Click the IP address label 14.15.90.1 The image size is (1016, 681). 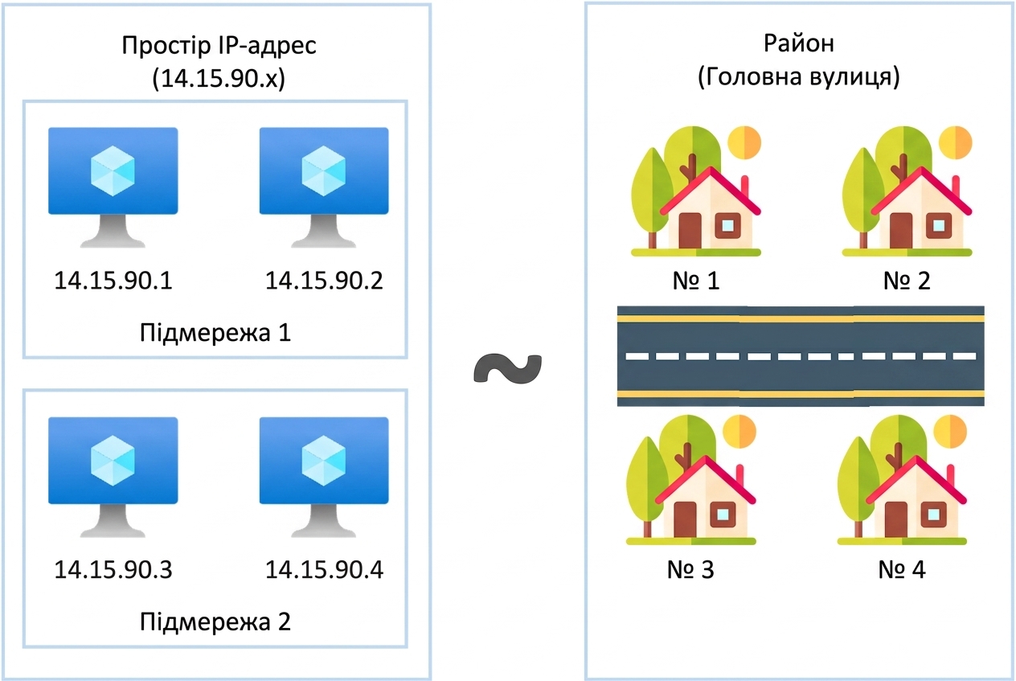click(113, 281)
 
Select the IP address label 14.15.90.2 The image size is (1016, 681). click(324, 281)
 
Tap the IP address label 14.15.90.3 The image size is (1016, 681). click(113, 570)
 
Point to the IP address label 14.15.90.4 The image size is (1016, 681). click(324, 570)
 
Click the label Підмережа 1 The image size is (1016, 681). click(215, 333)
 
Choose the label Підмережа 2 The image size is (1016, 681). click(215, 622)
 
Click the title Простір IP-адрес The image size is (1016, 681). click(219, 46)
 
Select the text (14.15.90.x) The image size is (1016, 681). click(219, 79)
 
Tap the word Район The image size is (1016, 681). click(799, 44)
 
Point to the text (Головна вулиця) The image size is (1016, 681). click(799, 76)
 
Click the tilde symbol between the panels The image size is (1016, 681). click(508, 368)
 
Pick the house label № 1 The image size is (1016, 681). click(696, 281)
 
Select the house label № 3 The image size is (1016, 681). click(690, 570)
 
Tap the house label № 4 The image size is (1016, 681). click(902, 570)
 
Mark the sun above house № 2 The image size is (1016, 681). click(956, 142)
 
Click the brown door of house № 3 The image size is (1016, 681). click(685, 520)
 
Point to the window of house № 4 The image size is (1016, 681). click(933, 515)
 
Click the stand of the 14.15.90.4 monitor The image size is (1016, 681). click(324, 520)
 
